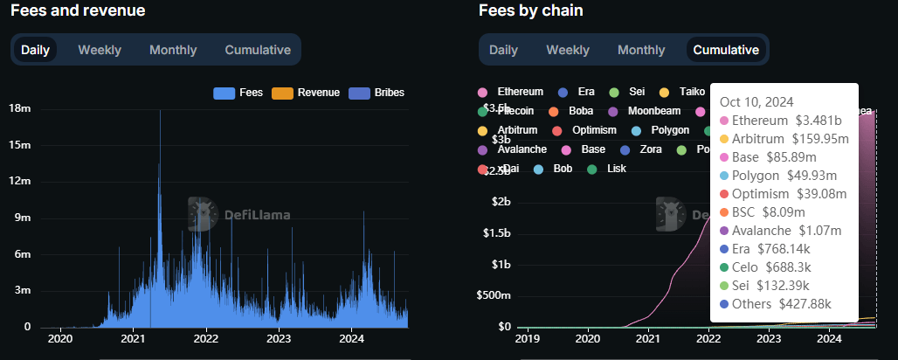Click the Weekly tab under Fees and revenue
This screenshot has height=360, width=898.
100,50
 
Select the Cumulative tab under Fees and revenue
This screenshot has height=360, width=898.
258,50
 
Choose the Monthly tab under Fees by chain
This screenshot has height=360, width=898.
641,50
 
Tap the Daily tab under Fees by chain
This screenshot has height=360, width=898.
503,50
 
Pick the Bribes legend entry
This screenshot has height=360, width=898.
376,93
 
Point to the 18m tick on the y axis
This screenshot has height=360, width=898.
20,109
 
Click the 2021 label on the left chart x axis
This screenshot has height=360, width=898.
133,339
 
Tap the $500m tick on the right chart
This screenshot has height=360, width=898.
494,295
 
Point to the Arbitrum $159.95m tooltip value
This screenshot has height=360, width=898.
819,138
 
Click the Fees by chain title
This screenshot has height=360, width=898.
530,11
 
